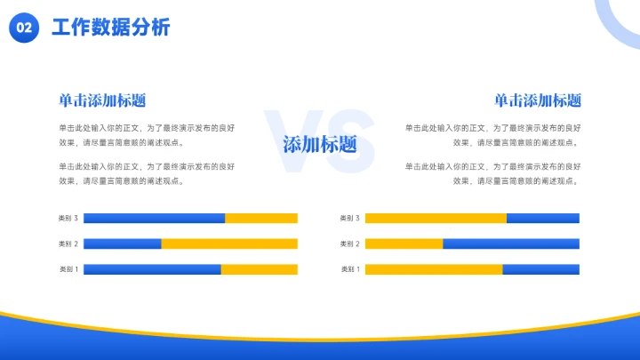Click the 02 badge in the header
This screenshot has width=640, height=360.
click(24, 28)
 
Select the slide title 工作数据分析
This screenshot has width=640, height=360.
click(111, 28)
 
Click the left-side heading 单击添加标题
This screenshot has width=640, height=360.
click(102, 100)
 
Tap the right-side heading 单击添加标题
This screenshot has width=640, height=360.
click(538, 100)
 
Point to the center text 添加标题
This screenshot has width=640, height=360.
click(320, 144)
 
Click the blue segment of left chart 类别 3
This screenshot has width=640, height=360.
click(154, 218)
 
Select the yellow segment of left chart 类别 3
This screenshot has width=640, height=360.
click(261, 218)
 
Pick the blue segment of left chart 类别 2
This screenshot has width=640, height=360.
click(123, 244)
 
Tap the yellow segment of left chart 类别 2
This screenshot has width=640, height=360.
click(229, 244)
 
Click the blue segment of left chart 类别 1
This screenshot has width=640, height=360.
click(152, 269)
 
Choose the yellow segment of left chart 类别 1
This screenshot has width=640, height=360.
click(260, 269)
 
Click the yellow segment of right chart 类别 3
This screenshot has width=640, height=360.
click(436, 218)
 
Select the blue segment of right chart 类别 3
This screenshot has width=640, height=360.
click(543, 218)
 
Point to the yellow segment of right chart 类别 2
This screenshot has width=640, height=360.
click(404, 244)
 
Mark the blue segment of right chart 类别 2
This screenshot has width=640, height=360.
click(511, 244)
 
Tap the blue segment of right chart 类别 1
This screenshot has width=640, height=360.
click(540, 269)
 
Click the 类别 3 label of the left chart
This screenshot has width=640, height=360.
click(68, 218)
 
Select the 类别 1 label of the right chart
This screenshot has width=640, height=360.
click(350, 269)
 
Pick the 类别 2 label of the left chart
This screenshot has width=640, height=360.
click(68, 244)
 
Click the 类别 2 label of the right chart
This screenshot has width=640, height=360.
click(350, 244)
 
